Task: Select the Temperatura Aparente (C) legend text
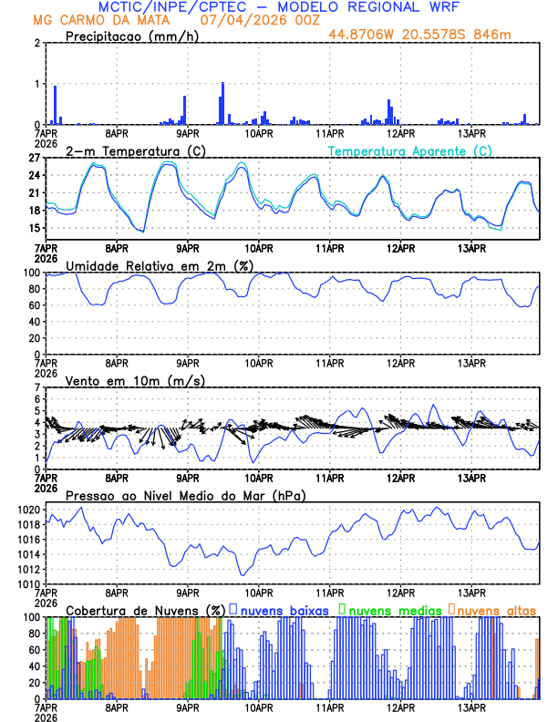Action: click(409, 150)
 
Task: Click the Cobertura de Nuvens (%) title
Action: click(145, 610)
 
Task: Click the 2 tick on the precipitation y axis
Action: click(36, 43)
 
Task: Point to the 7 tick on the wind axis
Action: click(37, 387)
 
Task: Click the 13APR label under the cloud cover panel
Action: click(470, 707)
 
